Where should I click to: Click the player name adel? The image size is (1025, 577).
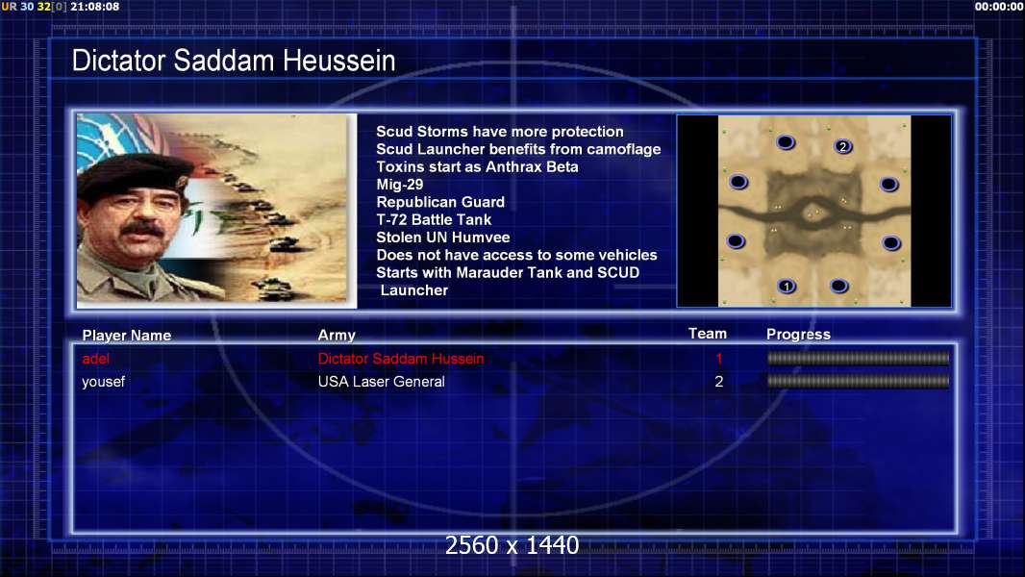click(95, 359)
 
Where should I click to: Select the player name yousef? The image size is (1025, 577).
click(103, 382)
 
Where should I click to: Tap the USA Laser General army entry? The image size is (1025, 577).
click(381, 382)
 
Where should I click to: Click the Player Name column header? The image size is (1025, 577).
click(127, 336)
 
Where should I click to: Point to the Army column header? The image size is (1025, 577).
click(337, 336)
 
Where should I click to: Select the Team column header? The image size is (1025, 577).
click(708, 334)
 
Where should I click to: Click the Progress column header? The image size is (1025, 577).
click(798, 335)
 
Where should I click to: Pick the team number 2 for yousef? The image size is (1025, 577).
click(719, 382)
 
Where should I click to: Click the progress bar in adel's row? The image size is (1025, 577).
click(858, 358)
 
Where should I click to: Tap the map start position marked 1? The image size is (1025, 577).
click(787, 287)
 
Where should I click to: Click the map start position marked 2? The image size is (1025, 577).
click(842, 146)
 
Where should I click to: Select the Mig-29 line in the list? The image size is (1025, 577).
click(399, 185)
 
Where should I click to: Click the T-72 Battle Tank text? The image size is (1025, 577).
click(434, 220)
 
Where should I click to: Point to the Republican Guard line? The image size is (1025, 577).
click(440, 203)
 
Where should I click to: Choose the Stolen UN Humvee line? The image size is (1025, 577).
click(442, 238)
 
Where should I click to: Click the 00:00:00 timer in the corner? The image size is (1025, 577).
click(999, 7)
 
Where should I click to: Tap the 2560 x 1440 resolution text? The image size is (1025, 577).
click(512, 545)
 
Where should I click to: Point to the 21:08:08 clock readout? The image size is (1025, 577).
click(95, 7)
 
